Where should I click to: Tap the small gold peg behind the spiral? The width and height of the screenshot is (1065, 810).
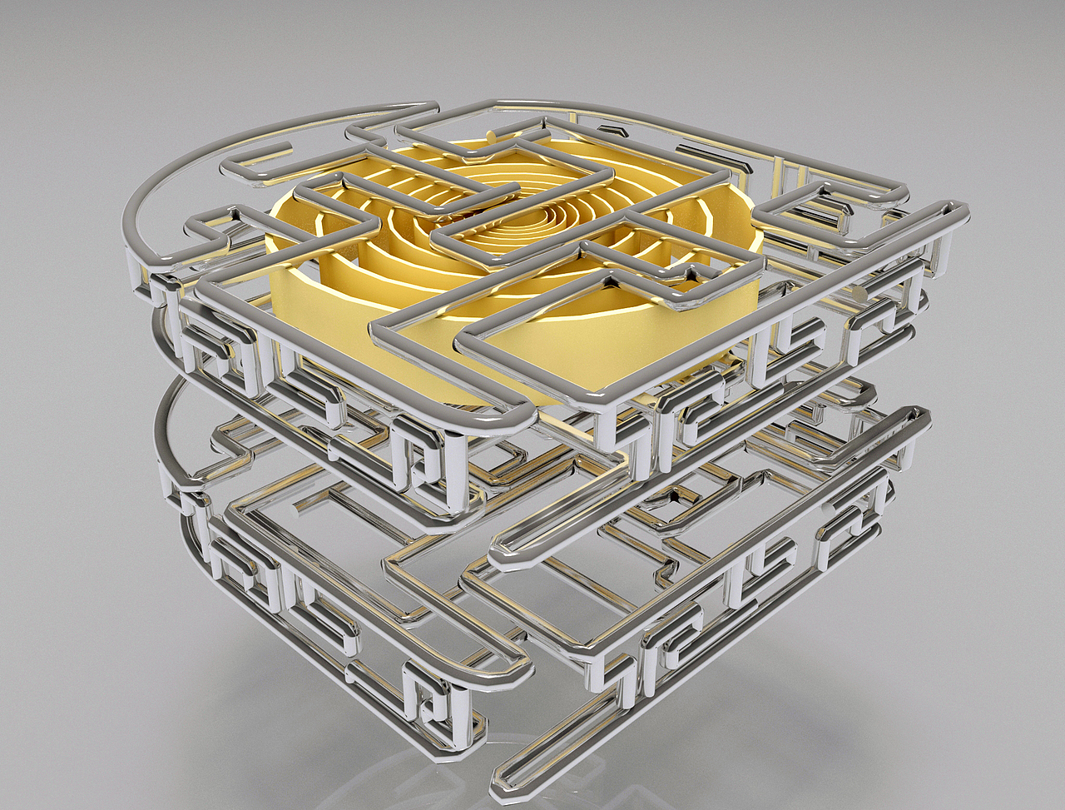(490, 135)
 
